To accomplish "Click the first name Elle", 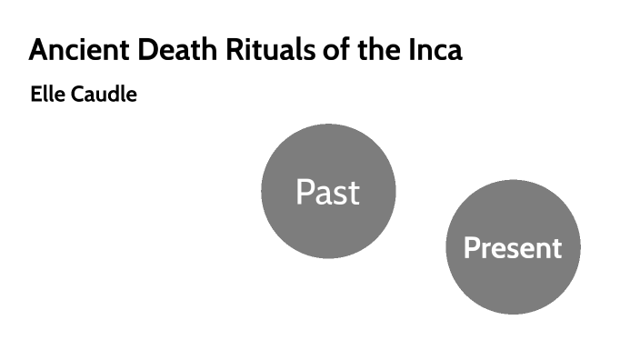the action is pos(45,94).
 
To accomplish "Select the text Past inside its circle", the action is pos(327,193).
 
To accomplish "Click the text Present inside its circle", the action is pos(513,248).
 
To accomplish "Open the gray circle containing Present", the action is pos(513,286).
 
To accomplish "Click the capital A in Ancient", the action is pos(39,50).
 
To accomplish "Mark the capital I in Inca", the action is pos(419,50).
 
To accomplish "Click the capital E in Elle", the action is pos(35,94).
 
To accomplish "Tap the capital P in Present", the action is pos(472,248).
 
